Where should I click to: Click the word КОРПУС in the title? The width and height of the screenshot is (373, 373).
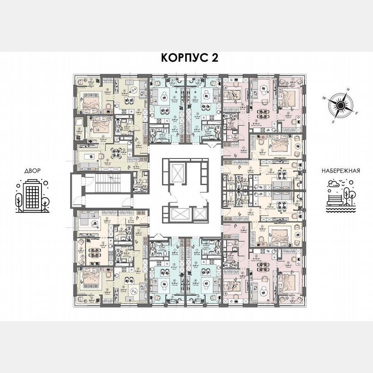[x=177, y=58]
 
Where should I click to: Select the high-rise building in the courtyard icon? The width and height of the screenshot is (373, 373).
[x=32, y=196]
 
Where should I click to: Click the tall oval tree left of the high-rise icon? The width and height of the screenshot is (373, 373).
[x=19, y=199]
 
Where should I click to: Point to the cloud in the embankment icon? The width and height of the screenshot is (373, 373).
[x=334, y=184]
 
